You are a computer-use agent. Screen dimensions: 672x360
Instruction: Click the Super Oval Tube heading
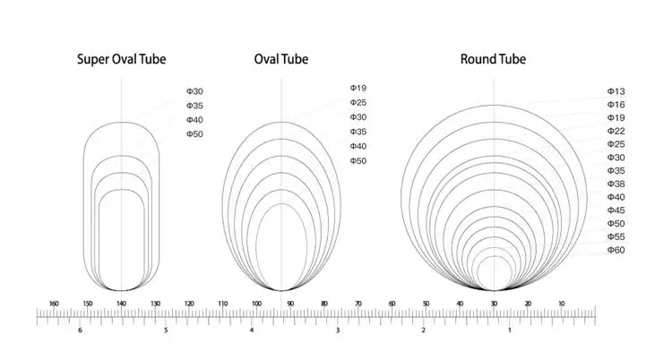coord(121,59)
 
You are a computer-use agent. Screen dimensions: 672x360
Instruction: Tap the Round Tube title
coord(493,59)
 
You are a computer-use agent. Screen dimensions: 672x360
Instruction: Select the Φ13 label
coord(616,91)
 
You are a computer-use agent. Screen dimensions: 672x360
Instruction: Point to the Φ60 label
coord(616,250)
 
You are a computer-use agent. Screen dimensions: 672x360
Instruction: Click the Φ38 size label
coord(616,184)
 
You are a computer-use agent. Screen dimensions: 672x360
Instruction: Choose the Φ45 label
coord(616,210)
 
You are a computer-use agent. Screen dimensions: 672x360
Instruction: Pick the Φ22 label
coord(616,131)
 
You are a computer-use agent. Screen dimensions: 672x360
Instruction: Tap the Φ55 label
coord(616,236)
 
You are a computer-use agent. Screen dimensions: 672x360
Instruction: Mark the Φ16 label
coord(616,105)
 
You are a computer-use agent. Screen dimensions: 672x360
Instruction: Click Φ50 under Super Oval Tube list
coord(194,134)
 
